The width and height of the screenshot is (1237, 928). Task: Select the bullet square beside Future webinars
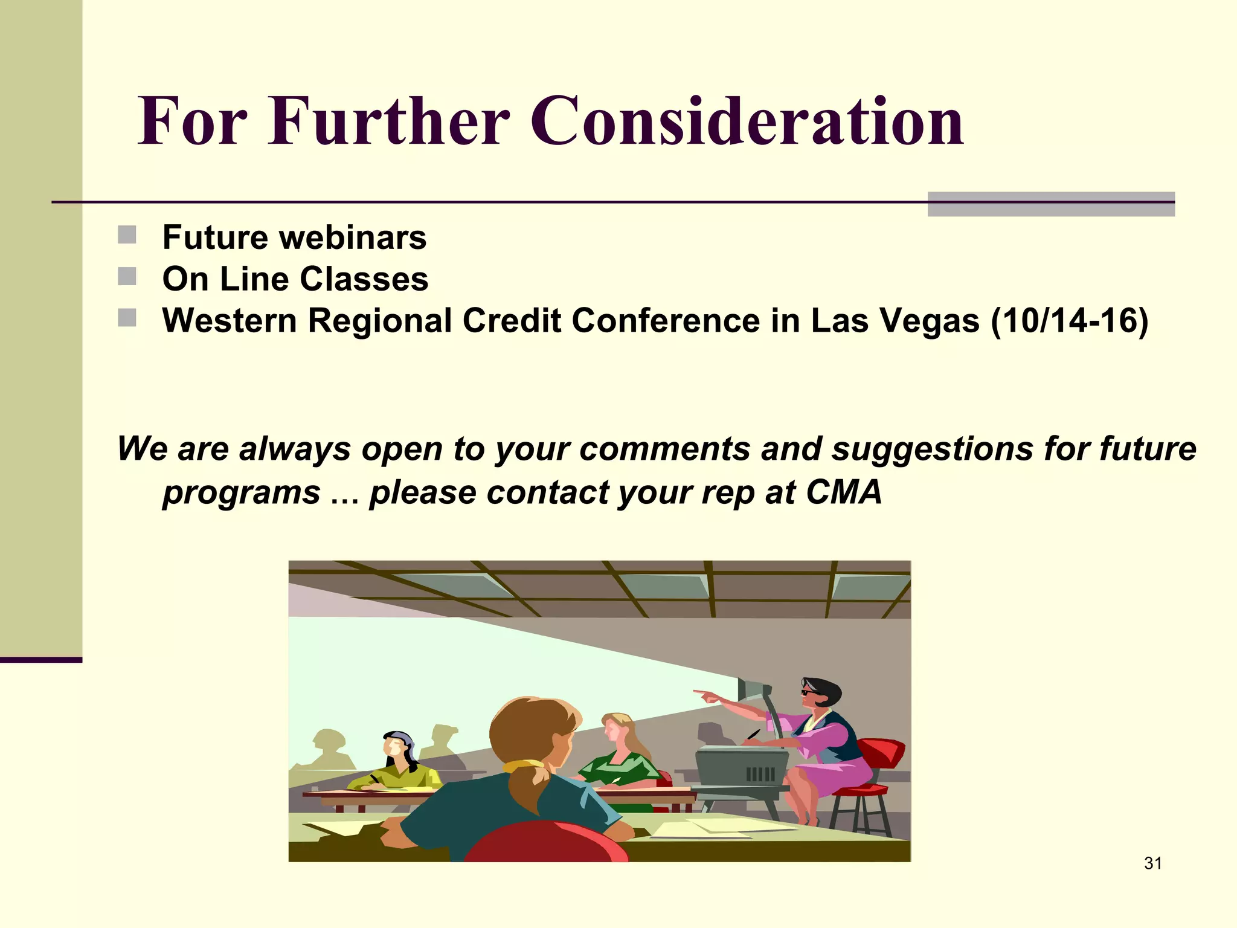pyautogui.click(x=127, y=235)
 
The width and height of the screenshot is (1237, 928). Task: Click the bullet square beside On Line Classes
pyautogui.click(x=127, y=277)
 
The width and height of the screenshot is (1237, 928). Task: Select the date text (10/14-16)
pyautogui.click(x=1069, y=320)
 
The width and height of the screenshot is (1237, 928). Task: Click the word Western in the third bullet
pyautogui.click(x=230, y=320)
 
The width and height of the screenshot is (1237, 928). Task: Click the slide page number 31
pyautogui.click(x=1152, y=863)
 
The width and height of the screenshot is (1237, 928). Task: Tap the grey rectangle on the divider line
pyautogui.click(x=1050, y=204)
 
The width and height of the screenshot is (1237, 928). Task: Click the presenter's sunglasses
pyautogui.click(x=808, y=692)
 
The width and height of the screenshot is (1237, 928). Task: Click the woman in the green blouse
pyautogui.click(x=619, y=755)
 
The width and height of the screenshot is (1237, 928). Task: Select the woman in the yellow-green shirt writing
pyautogui.click(x=399, y=764)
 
